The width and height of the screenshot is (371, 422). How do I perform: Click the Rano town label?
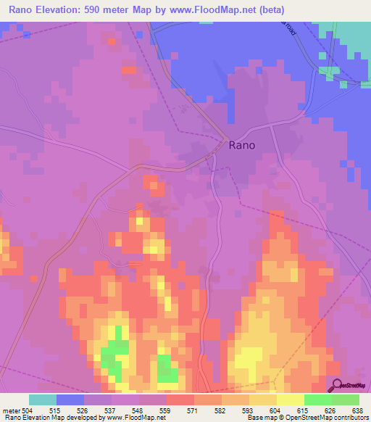[241, 144]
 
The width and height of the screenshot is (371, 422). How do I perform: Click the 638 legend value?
[359, 410]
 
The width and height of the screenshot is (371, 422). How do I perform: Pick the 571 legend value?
[193, 410]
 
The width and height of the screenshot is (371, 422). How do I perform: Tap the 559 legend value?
[166, 410]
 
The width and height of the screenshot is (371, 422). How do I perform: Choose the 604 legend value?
[276, 410]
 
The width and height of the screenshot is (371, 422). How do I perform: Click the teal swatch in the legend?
[43, 400]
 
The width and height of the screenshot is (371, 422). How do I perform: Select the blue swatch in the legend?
[70, 400]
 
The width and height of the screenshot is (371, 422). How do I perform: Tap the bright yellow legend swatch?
[290, 400]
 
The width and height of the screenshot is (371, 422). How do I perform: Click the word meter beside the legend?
[11, 410]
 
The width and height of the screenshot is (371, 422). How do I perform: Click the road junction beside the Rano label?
[227, 140]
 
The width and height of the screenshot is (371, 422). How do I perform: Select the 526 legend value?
[84, 410]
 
